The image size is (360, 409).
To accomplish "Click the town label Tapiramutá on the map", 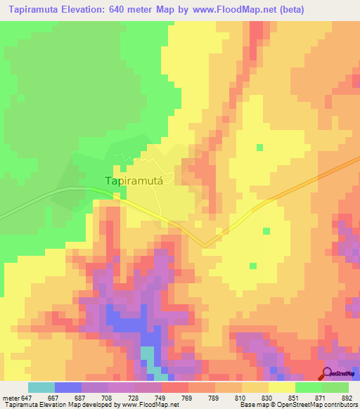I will [x=134, y=181].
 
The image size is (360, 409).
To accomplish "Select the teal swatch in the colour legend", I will [x=41, y=387].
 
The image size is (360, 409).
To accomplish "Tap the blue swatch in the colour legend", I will [x=67, y=387].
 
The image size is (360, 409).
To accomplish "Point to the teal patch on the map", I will [x=147, y=356].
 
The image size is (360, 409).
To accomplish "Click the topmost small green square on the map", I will [x=260, y=148].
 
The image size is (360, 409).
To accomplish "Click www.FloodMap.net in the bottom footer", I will [x=151, y=405].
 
